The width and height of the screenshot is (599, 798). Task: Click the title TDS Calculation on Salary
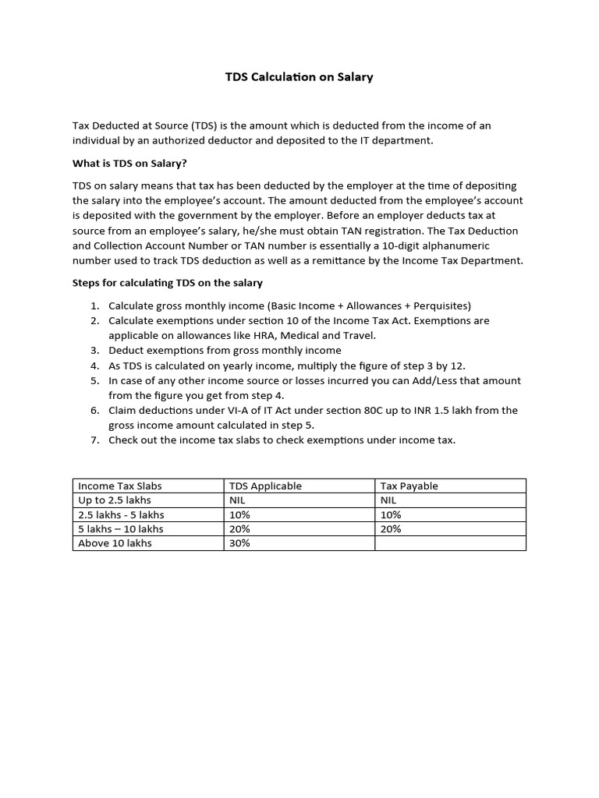[x=299, y=77]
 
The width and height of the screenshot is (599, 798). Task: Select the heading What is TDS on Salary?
[x=129, y=163]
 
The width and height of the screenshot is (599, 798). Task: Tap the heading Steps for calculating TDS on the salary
[x=167, y=282]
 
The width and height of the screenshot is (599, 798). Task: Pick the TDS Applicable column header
[x=264, y=486]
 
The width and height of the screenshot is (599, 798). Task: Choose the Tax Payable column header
[x=409, y=486]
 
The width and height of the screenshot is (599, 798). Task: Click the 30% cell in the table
[x=239, y=543]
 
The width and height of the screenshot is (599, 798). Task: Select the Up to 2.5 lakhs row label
[x=115, y=500]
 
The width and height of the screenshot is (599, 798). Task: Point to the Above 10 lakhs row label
[x=115, y=543]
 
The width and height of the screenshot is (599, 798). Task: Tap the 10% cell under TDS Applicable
[x=239, y=514]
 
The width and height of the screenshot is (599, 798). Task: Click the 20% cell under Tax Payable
[x=391, y=528]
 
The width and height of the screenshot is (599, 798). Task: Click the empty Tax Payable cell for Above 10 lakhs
[x=450, y=543]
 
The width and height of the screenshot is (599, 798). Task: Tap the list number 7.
[x=94, y=440]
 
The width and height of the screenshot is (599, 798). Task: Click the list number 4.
[x=94, y=365]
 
